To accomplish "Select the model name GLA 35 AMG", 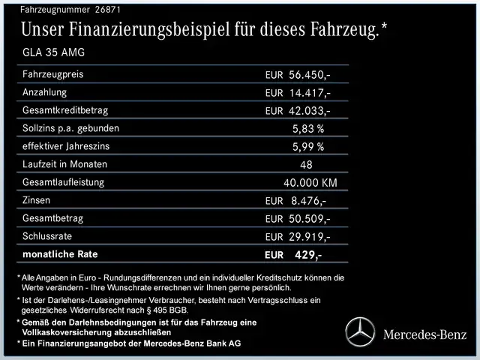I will coord(53,52).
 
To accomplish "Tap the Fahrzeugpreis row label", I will coord(53,74).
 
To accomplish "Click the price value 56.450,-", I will coord(309,75).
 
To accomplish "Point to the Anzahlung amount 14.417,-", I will coord(309,93).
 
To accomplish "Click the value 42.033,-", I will coord(309,111).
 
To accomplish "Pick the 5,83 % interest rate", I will coord(308,128).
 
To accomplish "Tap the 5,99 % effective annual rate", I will coord(308,146).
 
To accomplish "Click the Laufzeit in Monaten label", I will coord(65,164).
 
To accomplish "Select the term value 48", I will coord(306,164).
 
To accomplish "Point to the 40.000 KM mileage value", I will coord(310,182).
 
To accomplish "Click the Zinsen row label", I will coord(39,200).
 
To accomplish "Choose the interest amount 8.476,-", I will coord(307,201).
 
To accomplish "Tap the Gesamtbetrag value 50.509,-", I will coord(309,219).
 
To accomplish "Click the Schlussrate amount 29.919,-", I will coord(309,237).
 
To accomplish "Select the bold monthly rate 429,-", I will coord(307,255).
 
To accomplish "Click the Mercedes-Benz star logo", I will coord(359,332).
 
